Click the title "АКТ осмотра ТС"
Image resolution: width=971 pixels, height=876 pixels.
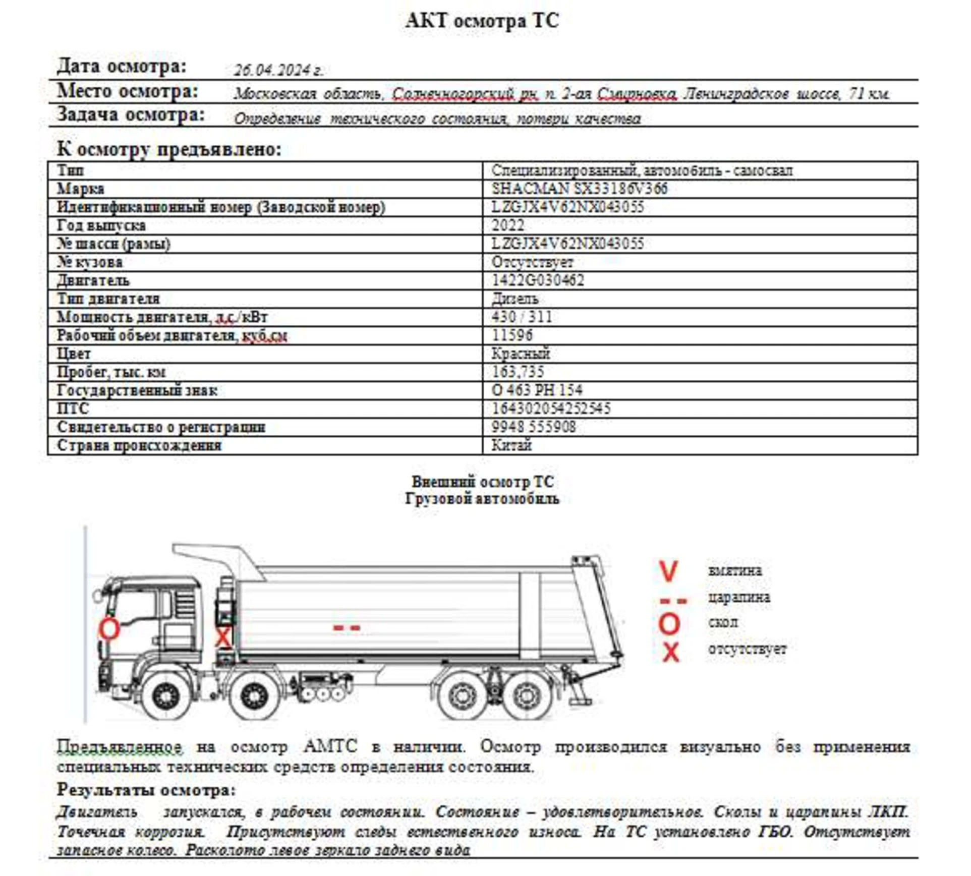482,21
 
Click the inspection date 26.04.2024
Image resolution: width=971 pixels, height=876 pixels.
278,70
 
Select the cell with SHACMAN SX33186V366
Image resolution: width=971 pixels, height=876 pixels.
579,189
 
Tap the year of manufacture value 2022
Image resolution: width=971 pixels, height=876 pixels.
508,225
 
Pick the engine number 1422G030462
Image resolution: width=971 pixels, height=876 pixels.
538,280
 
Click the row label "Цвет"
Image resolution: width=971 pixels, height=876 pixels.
74,354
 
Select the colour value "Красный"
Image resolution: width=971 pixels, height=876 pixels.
521,354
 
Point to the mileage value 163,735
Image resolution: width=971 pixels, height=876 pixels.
518,372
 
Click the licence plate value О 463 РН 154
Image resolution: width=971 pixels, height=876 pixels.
537,390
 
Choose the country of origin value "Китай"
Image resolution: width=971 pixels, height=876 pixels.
511,445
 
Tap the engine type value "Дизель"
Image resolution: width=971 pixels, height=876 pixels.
515,299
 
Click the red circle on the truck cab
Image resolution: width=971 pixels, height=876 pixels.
109,629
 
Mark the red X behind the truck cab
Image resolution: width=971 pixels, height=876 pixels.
222,637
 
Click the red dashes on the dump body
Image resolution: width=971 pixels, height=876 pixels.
347,628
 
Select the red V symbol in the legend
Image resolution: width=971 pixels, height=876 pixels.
668,571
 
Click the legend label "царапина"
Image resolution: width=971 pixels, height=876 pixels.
738,598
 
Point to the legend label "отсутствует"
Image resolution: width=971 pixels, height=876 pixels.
747,649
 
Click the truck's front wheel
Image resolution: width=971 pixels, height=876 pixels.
165,696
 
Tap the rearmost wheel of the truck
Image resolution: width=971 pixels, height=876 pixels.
527,696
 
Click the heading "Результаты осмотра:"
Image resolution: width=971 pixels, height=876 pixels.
146,790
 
